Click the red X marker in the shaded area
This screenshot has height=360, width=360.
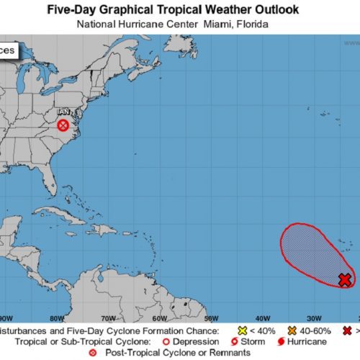(x=345, y=279)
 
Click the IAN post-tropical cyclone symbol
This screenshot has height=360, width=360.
(x=63, y=126)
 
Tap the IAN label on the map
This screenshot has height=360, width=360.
(x=63, y=113)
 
